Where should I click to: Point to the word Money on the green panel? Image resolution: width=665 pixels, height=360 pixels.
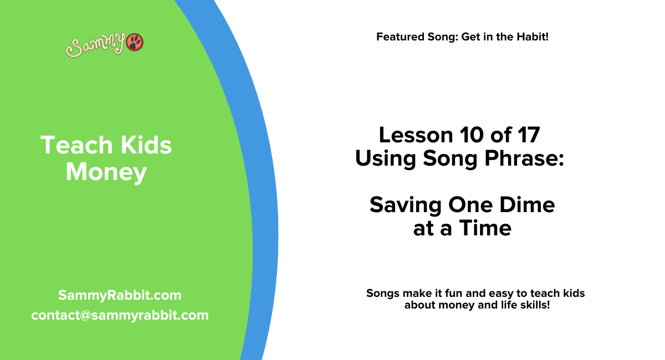106,172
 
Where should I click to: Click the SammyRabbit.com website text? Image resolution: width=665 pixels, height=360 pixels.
120,295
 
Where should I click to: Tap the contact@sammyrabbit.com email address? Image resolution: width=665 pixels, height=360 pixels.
120,315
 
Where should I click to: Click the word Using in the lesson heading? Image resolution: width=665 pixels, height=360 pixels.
386,159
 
